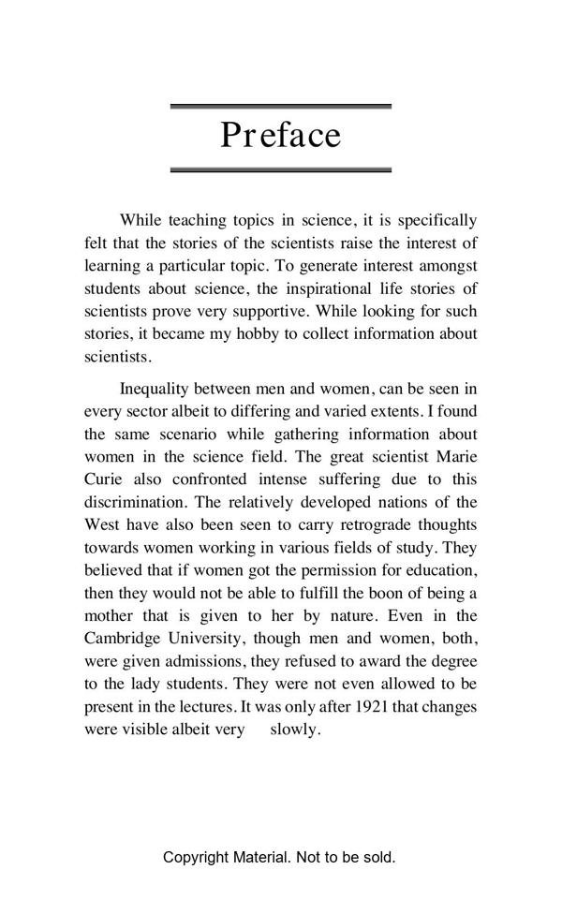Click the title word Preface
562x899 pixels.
coord(280,136)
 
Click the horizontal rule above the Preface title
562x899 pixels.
coord(280,107)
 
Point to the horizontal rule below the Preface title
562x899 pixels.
coord(280,169)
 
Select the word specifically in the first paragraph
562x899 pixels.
coord(437,221)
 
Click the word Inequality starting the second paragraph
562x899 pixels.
coord(155,389)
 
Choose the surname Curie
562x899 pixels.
coord(103,479)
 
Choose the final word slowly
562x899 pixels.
coord(295,729)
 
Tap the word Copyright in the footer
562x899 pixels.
coord(194,857)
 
